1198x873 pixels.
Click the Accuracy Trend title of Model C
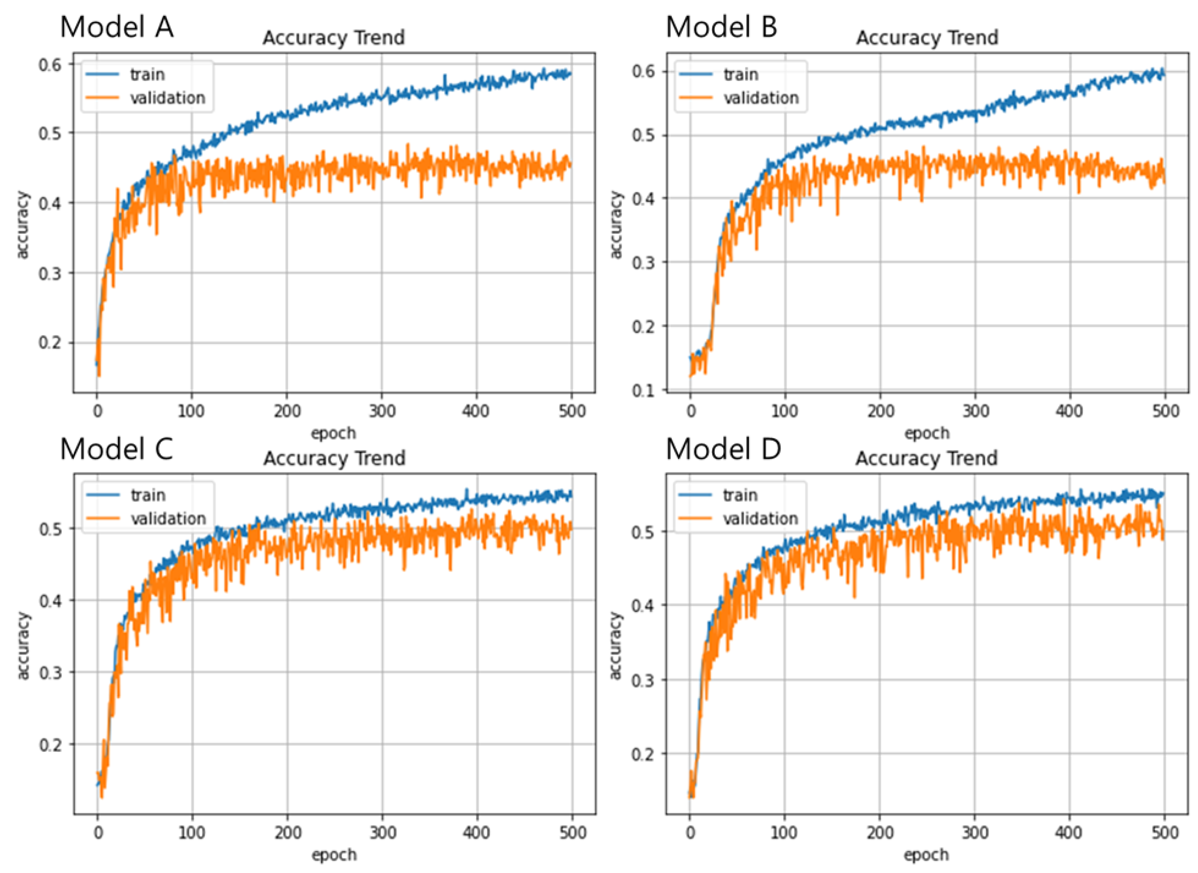coord(334,458)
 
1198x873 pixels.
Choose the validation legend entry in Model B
coord(761,98)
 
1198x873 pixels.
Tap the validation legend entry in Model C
coord(168,519)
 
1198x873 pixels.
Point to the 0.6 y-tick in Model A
coord(50,64)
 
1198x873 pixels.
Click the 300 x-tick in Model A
coord(382,411)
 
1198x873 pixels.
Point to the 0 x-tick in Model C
coord(98,833)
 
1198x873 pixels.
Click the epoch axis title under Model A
coord(333,433)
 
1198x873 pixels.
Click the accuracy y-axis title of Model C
coord(23,645)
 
